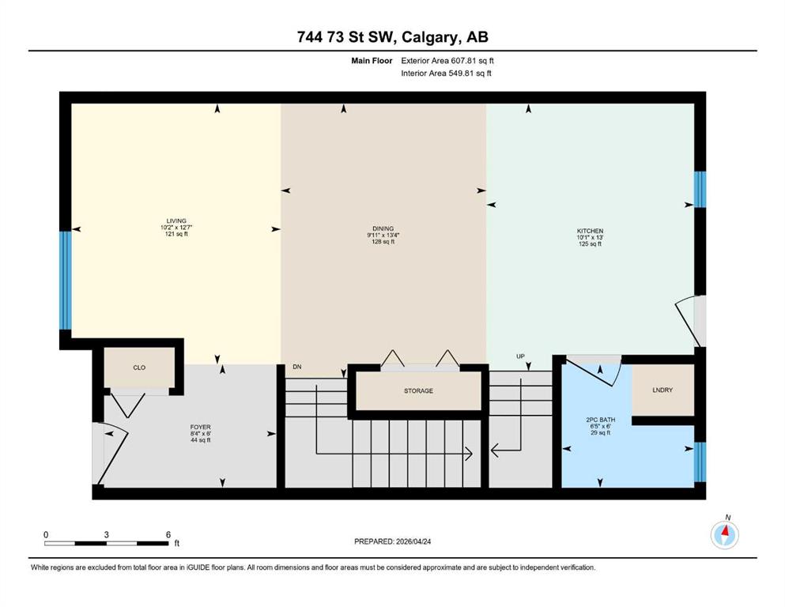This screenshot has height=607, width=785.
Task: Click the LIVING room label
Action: (176, 221)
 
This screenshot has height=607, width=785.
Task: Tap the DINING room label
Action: (383, 228)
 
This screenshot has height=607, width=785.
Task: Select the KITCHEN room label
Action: (591, 232)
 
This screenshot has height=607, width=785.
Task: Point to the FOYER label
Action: (200, 428)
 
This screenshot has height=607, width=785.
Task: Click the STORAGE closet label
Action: (418, 390)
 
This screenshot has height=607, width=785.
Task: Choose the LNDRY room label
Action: (662, 390)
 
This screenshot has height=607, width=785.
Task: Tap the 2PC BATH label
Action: (600, 420)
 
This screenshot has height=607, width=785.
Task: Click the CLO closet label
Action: (139, 368)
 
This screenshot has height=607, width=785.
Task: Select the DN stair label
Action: (297, 367)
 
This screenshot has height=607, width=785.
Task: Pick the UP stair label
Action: (521, 356)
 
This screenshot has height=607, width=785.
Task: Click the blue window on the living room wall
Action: (66, 281)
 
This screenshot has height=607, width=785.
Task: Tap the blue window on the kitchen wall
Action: (700, 190)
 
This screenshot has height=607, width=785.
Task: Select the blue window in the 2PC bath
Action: (700, 462)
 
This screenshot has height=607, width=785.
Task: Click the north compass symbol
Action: (725, 534)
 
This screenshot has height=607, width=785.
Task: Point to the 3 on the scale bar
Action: (107, 534)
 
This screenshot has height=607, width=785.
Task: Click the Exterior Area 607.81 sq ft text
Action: (447, 61)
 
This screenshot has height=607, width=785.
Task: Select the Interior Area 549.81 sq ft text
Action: (446, 73)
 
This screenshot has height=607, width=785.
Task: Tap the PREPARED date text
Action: (392, 541)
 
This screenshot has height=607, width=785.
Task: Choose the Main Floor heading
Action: (372, 61)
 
